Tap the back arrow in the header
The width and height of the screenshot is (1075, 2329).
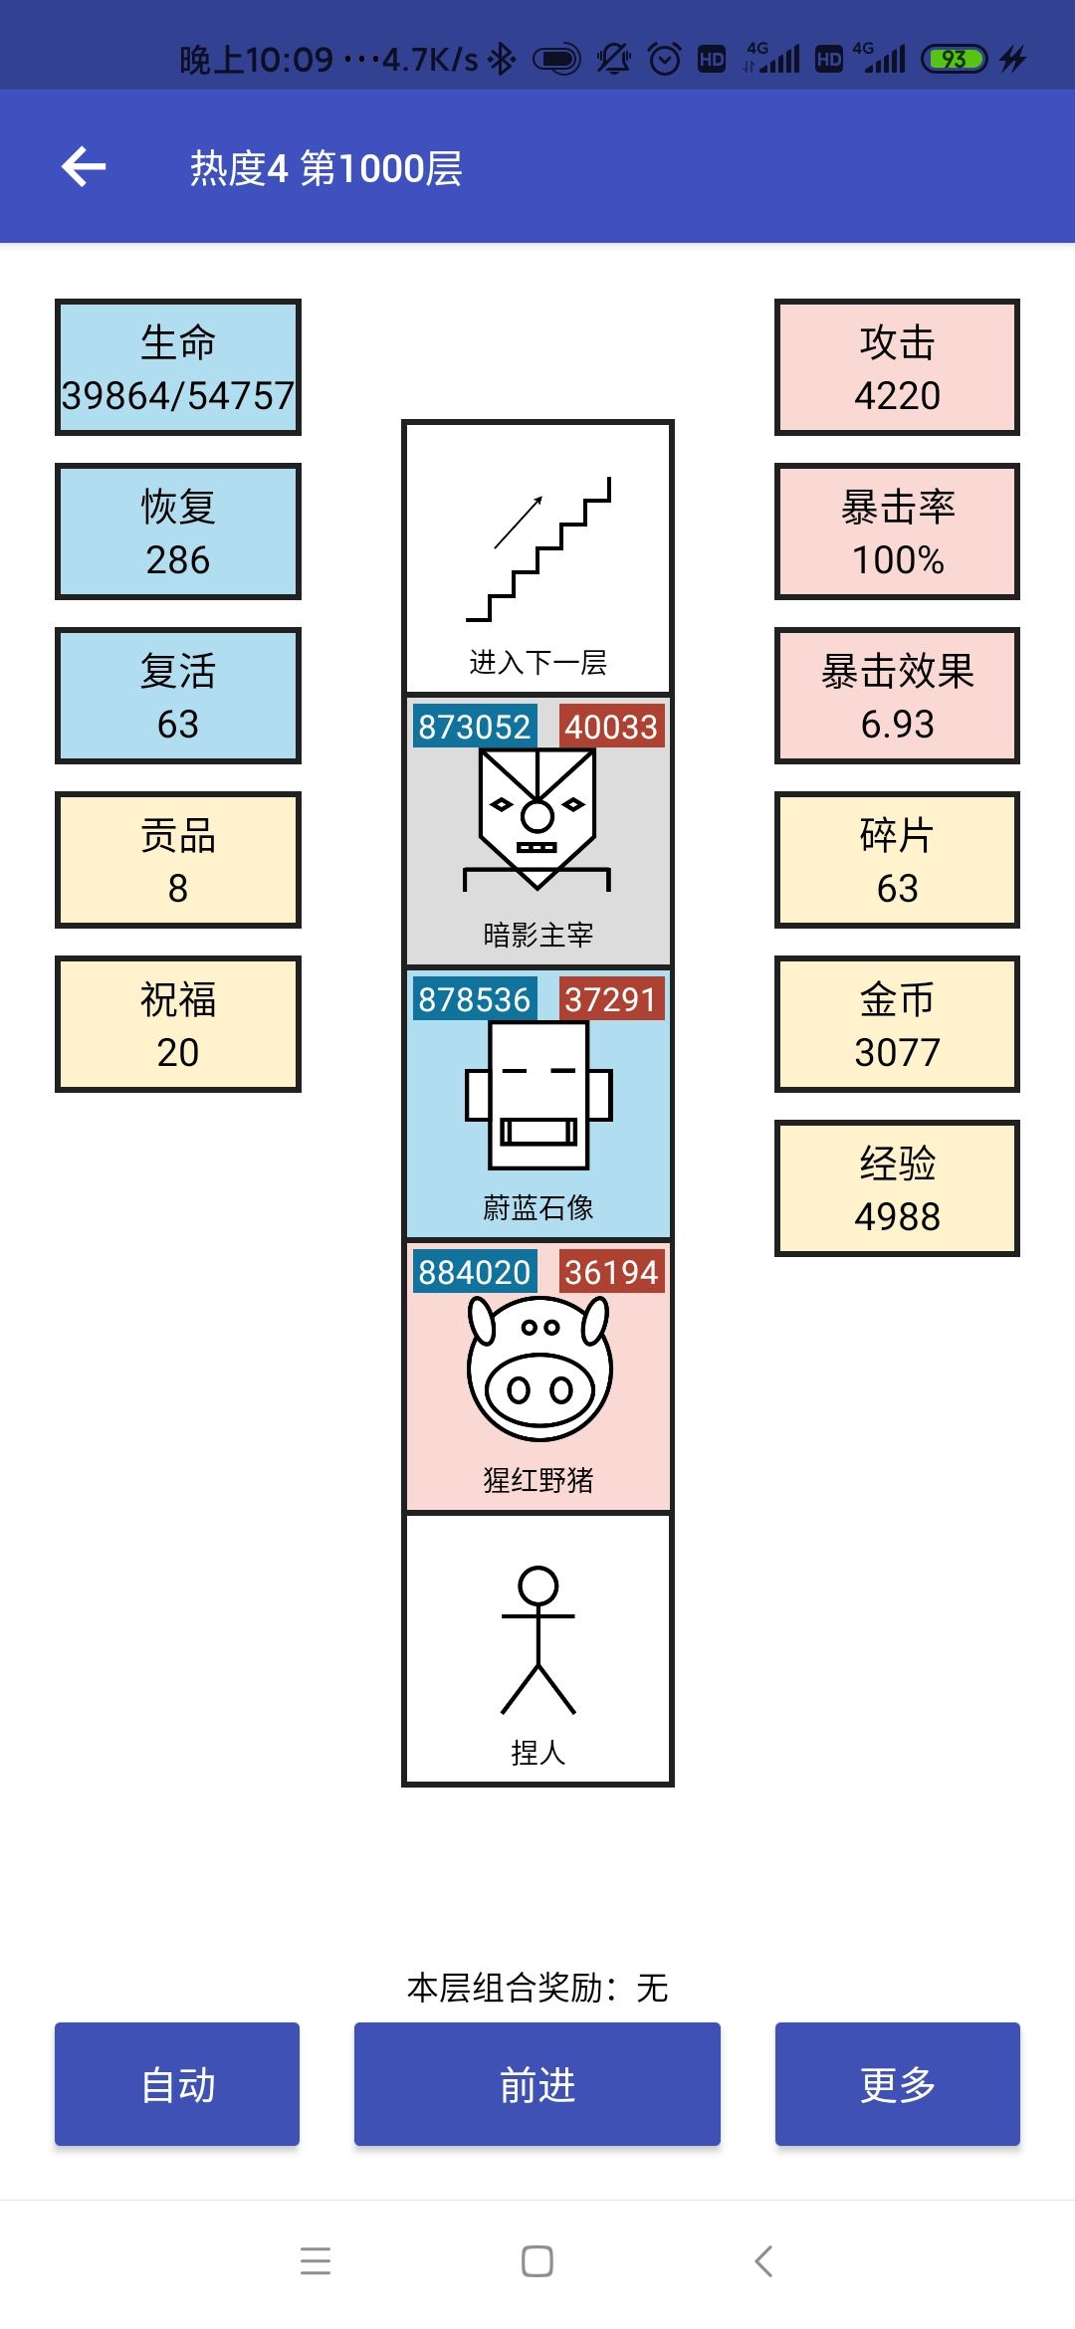tap(84, 166)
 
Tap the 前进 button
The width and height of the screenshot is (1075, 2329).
tap(537, 2083)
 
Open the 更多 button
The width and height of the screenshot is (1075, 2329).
tap(898, 2083)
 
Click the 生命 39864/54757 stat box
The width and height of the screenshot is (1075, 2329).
tap(178, 367)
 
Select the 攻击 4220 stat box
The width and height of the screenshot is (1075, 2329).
tap(898, 367)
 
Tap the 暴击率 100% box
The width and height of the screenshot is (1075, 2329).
tap(898, 531)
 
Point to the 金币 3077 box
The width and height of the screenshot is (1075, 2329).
tap(898, 1024)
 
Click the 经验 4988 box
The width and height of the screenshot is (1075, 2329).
tap(898, 1188)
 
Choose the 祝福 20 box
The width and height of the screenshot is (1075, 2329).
tap(178, 1024)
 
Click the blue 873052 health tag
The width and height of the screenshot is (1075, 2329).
tap(474, 727)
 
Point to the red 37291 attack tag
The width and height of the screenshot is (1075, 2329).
tap(611, 999)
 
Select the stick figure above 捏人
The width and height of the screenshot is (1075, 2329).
tap(538, 1640)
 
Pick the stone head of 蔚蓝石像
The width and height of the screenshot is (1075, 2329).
tap(538, 1095)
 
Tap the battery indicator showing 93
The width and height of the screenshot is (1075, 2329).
tap(954, 59)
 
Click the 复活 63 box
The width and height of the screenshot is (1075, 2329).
tap(178, 696)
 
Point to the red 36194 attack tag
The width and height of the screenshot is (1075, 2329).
tap(611, 1272)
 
